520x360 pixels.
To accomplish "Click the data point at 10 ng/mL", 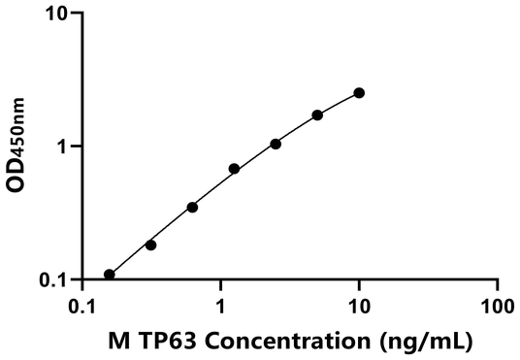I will pos(359,92).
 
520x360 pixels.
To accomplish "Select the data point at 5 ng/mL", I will pos(317,115).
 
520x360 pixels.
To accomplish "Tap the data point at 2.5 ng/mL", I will pos(276,144).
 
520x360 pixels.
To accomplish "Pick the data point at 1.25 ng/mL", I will pos(234,169).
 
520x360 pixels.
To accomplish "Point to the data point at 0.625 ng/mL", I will pos(192,207).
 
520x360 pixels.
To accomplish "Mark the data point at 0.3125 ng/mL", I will pos(150,245).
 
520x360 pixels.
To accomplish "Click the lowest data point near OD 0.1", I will pos(110,275).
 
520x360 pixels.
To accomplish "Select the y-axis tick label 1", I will pos(63,147).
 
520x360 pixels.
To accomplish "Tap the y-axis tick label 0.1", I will pos(53,280).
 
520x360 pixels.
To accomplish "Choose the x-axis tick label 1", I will pos(221,307).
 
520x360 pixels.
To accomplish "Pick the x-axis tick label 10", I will pos(359,307).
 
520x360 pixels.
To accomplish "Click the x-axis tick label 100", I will pos(496,307).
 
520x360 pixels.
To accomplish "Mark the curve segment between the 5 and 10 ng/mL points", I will pos(339,102).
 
